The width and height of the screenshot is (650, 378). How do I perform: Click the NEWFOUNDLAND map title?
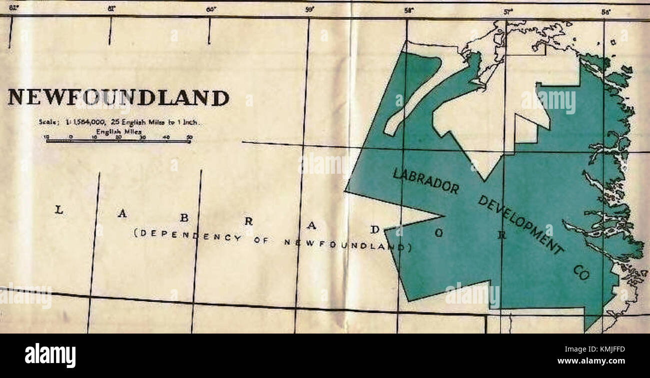[118, 97]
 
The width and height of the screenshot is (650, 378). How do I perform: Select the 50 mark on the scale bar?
[189, 136]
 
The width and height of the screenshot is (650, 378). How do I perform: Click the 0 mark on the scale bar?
[70, 136]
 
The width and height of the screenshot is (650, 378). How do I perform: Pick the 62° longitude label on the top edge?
[13, 7]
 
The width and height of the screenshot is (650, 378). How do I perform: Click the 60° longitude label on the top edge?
[211, 8]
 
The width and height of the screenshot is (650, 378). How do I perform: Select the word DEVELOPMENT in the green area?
[520, 225]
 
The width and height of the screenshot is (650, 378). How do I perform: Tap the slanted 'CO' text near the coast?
[581, 273]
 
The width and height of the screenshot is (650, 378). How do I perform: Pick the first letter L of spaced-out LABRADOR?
[59, 210]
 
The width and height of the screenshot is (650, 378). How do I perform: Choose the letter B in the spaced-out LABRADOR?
[184, 218]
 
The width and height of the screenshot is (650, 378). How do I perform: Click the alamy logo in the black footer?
[50, 356]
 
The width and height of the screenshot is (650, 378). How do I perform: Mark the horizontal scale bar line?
[118, 141]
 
